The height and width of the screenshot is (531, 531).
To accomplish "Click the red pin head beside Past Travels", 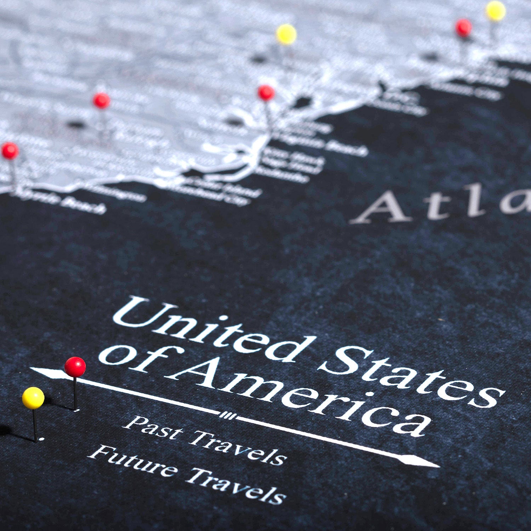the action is click(75, 367).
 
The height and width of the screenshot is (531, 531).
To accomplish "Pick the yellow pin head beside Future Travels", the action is click(33, 398).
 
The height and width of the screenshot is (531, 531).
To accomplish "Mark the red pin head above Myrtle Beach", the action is click(10, 150).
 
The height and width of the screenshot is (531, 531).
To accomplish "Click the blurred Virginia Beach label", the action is click(319, 143).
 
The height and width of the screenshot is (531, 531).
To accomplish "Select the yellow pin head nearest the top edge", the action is click(496, 11).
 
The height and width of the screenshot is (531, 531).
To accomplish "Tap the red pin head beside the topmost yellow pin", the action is click(463, 28).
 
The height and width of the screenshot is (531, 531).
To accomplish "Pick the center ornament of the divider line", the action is click(228, 415).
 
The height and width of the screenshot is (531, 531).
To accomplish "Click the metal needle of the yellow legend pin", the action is click(35, 425).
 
